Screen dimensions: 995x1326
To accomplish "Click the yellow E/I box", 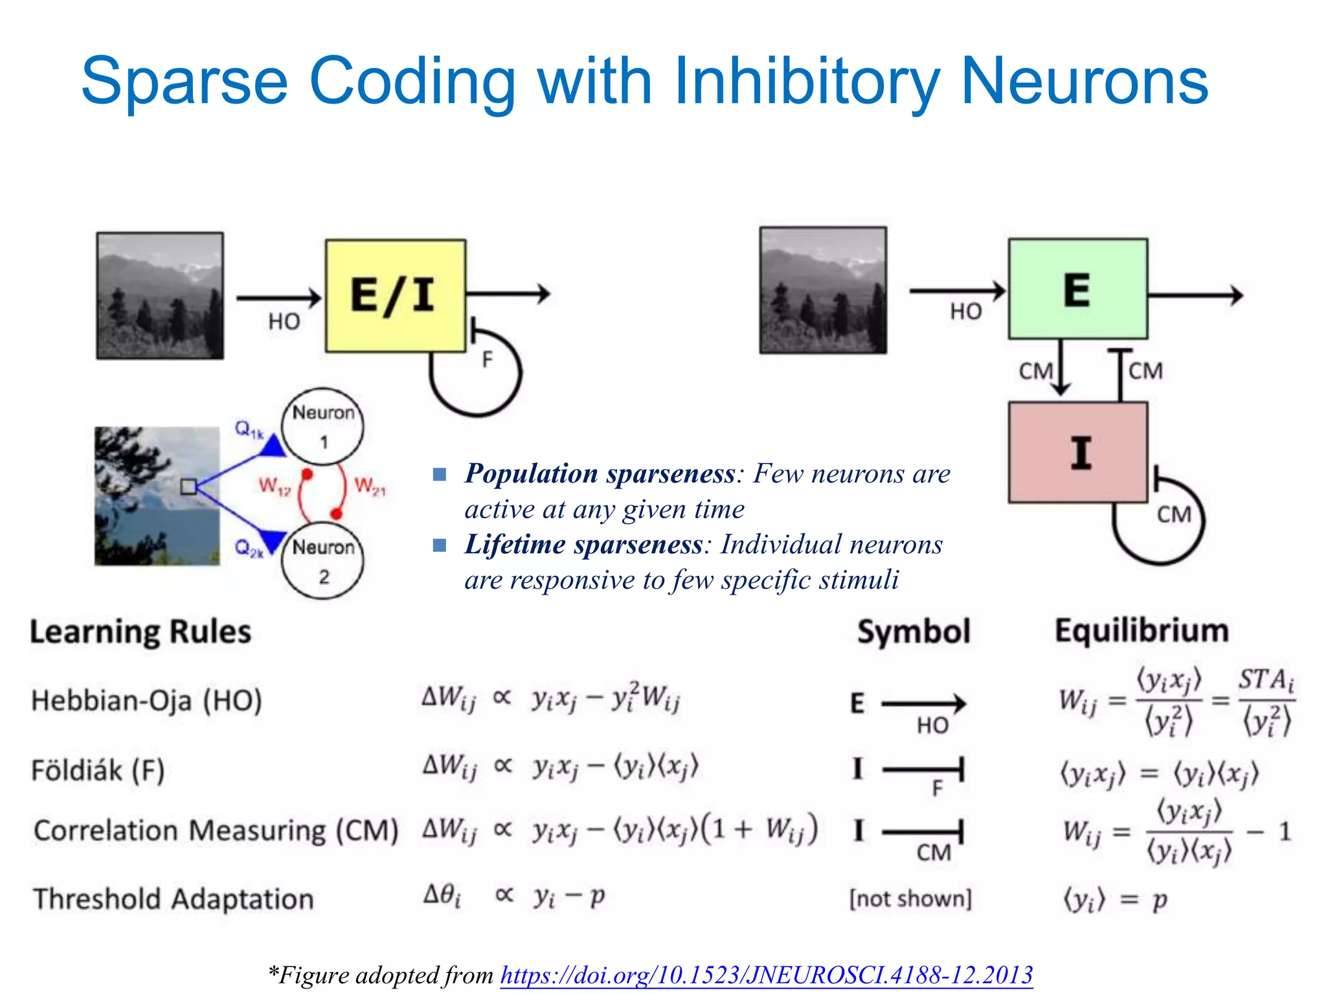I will pos(395,295).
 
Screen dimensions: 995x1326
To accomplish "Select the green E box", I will pos(1077,289).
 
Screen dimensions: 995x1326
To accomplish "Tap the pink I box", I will pos(1077,452).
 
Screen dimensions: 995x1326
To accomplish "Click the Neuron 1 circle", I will pos(323,426).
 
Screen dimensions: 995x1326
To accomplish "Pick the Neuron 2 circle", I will pos(323,561).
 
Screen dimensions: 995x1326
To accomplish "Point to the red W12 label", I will pos(275,486).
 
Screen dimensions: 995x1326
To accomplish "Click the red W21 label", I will pos(370,486).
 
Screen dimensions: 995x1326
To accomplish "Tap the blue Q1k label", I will pos(249,429).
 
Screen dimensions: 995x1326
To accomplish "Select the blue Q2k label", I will pos(249,549).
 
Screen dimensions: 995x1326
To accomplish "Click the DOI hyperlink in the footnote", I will pos(767,974).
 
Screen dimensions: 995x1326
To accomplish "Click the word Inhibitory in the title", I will pos(805,80).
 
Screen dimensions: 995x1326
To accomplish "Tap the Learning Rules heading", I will pos(140,632).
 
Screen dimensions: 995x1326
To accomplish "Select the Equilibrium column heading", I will pos(1141,630).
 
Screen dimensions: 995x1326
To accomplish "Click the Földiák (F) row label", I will pos(98,770).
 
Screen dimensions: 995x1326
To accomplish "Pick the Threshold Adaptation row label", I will pos(174,899).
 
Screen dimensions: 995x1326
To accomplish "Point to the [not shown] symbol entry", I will pos(910,899).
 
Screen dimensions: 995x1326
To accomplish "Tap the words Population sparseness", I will pos(600,474).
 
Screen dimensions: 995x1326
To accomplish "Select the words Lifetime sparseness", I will pos(583,544).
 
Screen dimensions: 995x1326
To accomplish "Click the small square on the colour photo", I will pos(188,486).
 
